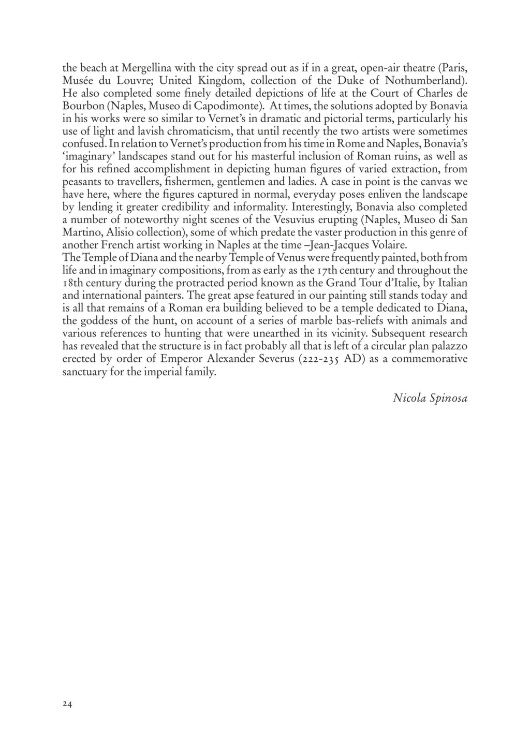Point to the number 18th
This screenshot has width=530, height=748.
pos(73,283)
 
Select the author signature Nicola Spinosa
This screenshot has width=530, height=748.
pos(430,398)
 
